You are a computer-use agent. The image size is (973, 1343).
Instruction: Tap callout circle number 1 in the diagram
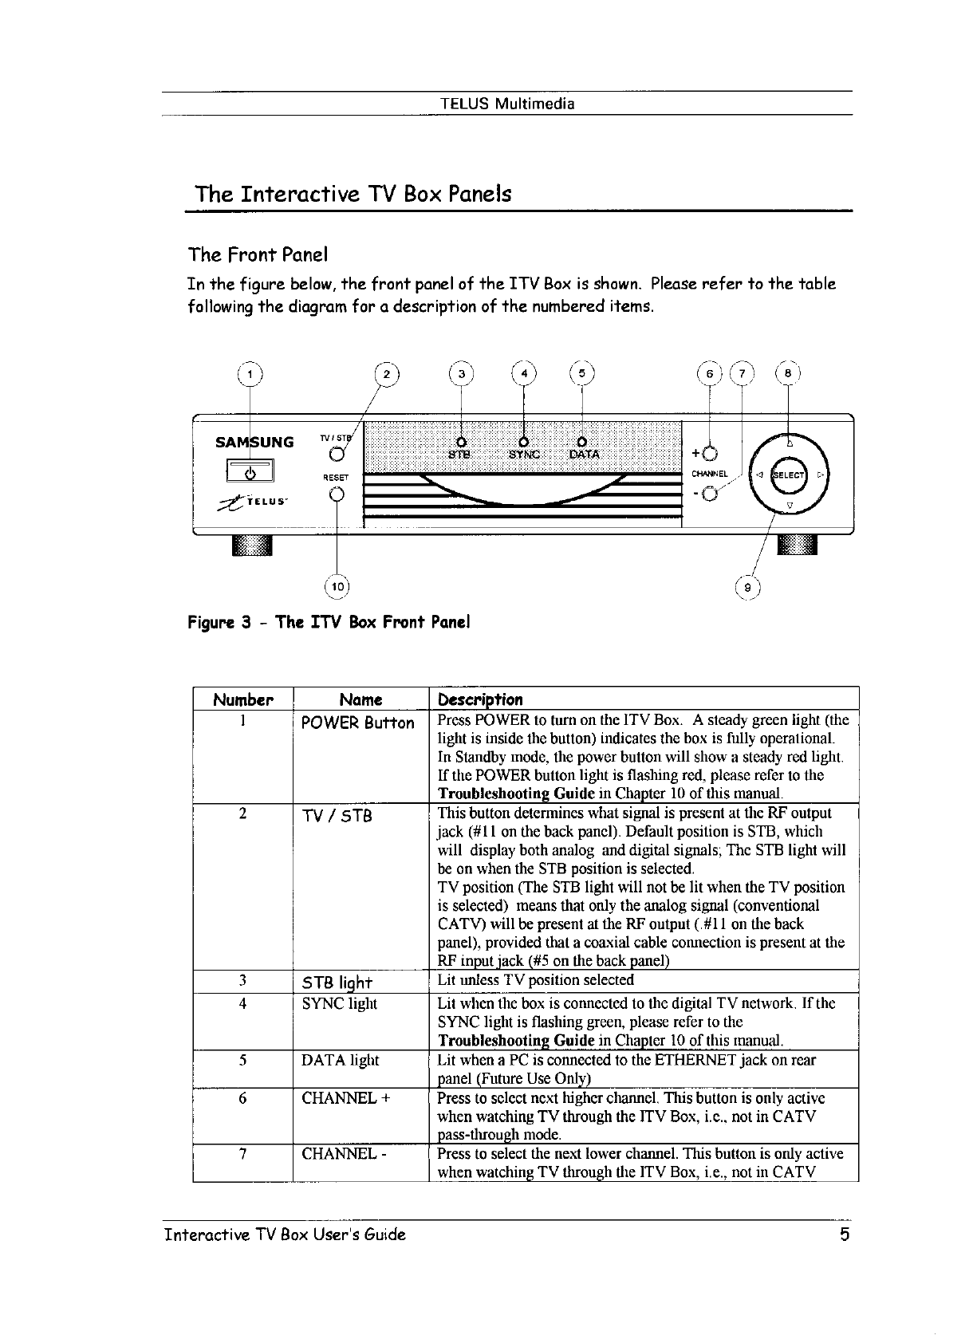(250, 374)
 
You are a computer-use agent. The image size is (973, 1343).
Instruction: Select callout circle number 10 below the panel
(337, 587)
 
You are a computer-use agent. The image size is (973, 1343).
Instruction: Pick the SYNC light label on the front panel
(523, 455)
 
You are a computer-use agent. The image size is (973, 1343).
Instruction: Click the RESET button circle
(336, 494)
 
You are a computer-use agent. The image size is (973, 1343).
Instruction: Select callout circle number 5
(582, 373)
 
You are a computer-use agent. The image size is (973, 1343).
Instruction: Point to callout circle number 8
(788, 373)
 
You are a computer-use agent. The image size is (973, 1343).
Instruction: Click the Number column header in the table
(243, 700)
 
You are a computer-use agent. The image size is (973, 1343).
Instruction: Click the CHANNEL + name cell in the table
(345, 1098)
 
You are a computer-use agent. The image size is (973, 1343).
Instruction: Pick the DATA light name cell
(341, 1060)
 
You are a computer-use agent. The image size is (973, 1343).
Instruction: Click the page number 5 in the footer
(843, 1235)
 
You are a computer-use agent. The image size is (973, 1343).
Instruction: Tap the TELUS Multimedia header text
(507, 104)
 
